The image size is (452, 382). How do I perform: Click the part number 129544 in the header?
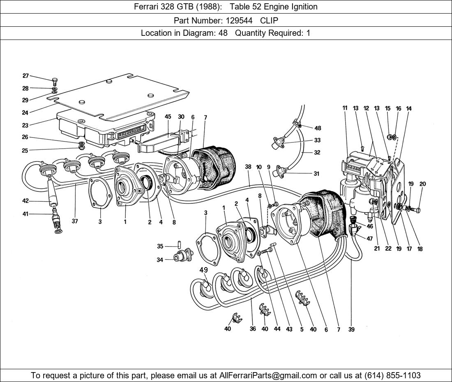[x=238, y=20]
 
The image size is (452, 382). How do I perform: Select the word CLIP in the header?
[x=269, y=20]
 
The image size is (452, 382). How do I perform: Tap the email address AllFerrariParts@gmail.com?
[x=268, y=375]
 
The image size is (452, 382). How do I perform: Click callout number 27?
[x=25, y=76]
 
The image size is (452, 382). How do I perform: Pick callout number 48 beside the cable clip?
[x=318, y=128]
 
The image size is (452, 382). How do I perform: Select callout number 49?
[x=203, y=270]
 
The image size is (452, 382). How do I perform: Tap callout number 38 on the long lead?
[x=248, y=167]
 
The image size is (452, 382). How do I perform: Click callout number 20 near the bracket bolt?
[x=422, y=184]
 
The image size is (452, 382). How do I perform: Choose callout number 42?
[x=25, y=201]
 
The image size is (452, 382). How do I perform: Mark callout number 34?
[x=160, y=260]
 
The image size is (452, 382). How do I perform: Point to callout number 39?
[x=351, y=329]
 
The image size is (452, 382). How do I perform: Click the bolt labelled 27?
[x=55, y=82]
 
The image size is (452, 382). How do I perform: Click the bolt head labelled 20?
[x=417, y=210]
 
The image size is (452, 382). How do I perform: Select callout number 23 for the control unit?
[x=25, y=126]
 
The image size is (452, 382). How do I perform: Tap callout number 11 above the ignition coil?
[x=345, y=108]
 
